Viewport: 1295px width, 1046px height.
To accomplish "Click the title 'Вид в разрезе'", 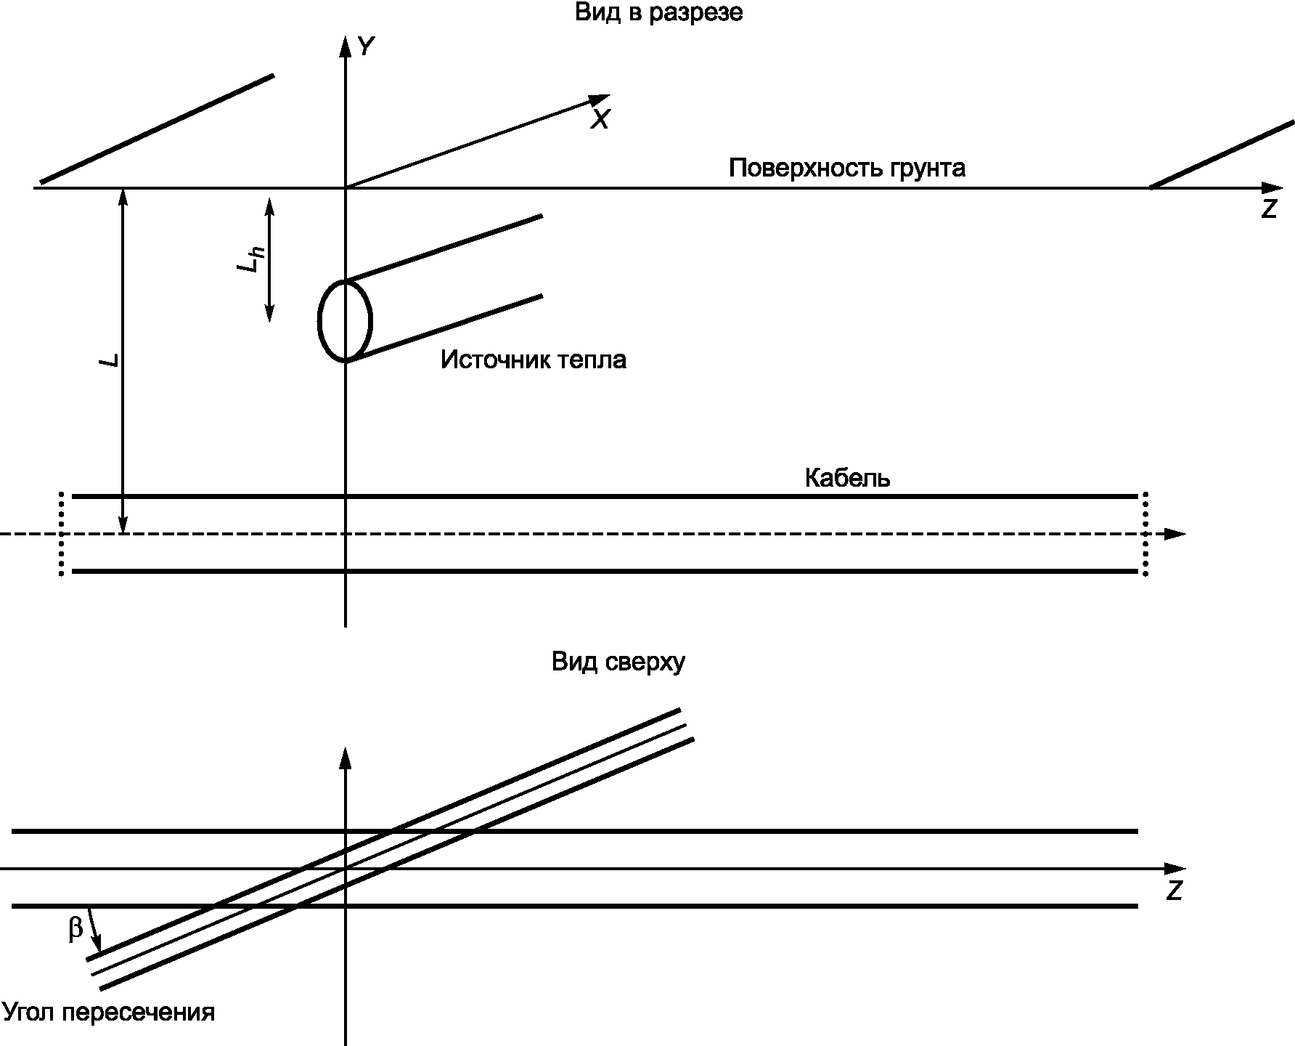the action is pyautogui.click(x=659, y=13).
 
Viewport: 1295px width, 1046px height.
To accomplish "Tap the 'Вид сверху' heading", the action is pyautogui.click(x=618, y=662).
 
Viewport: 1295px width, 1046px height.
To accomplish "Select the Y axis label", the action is pyautogui.click(x=367, y=47).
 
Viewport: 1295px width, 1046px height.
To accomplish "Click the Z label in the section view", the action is pyautogui.click(x=1269, y=209).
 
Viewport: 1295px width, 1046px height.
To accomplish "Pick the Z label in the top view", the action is pyautogui.click(x=1175, y=891).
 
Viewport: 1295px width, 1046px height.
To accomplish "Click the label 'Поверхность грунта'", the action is pyautogui.click(x=847, y=168).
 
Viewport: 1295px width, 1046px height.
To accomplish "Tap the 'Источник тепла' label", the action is pyautogui.click(x=534, y=360).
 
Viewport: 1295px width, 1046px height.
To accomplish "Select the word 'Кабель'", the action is pyautogui.click(x=848, y=479).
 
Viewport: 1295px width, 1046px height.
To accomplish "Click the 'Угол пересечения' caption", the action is pyautogui.click(x=109, y=1012).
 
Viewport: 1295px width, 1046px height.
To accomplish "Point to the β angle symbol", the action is pyautogui.click(x=75, y=929).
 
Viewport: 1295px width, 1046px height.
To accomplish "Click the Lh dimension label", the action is pyautogui.click(x=251, y=259).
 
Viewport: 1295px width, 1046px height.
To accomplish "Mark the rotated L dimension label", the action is pyautogui.click(x=110, y=360).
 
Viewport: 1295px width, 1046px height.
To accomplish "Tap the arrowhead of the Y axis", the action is pyautogui.click(x=346, y=45).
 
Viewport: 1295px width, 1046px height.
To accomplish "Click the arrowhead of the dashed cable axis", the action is pyautogui.click(x=1174, y=534).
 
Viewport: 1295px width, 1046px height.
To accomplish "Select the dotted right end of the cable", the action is pyautogui.click(x=1145, y=534).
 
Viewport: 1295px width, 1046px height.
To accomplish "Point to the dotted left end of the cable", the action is pyautogui.click(x=62, y=534).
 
